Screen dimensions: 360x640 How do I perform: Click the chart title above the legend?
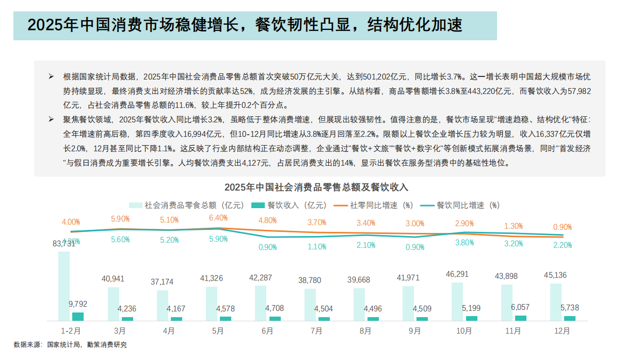tap(316, 187)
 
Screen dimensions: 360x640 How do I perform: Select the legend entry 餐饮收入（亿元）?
tap(288, 205)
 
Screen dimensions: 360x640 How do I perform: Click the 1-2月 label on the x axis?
tap(70, 331)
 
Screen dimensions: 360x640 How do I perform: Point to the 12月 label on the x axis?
tap(562, 331)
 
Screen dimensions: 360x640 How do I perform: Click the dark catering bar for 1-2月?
tap(78, 316)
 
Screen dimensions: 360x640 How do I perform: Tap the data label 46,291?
tap(457, 274)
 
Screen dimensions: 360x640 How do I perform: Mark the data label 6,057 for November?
tap(521, 307)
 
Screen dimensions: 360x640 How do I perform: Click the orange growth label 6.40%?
tap(218, 218)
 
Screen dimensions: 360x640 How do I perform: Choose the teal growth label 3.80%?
tap(465, 243)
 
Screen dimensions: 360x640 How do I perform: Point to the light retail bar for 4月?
tap(163, 305)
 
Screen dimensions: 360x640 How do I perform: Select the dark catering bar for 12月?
tap(570, 318)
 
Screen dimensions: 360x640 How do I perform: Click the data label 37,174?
tap(162, 282)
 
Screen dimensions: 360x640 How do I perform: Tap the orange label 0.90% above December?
tap(562, 227)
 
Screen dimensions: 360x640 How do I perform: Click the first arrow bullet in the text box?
tap(51, 76)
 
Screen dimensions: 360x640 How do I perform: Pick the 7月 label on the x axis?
tap(316, 331)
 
